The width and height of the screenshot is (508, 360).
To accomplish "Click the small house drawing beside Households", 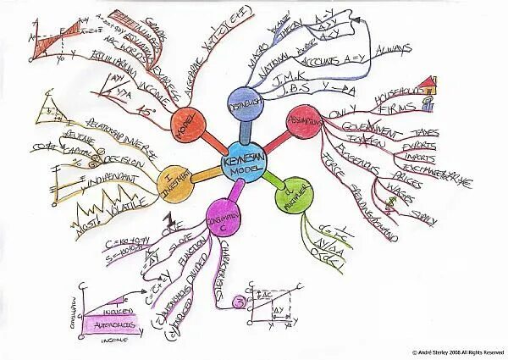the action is tap(424, 83).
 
